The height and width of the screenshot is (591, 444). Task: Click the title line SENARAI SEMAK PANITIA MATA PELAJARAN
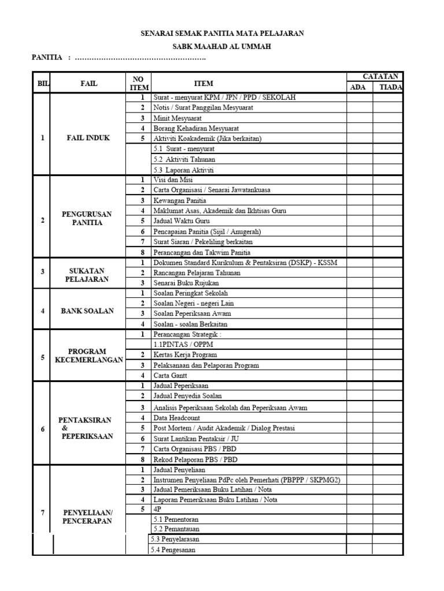223,34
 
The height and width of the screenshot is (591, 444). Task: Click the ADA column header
359,87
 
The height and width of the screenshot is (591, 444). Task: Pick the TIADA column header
388,87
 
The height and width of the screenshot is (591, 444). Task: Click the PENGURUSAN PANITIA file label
87,218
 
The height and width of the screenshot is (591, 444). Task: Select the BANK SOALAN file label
87,311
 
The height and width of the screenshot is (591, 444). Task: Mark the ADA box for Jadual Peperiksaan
359,386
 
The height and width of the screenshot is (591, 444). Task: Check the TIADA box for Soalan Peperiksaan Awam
388,313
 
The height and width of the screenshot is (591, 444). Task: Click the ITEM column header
203,83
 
